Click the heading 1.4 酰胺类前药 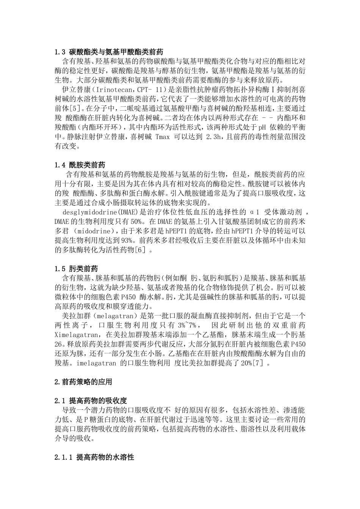click(80, 165)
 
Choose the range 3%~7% click(188, 325)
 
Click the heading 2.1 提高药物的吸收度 click(91, 401)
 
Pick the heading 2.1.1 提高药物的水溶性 click(94, 457)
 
